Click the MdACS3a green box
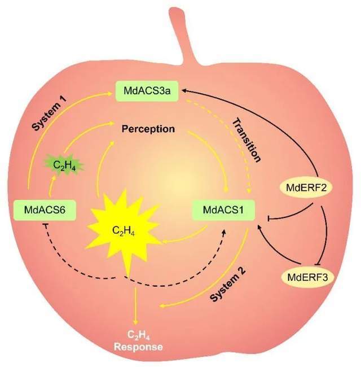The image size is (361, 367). (147, 91)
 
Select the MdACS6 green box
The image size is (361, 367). (45, 210)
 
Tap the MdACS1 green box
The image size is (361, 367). (223, 210)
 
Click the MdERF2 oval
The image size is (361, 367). (306, 187)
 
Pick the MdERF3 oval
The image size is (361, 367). (307, 277)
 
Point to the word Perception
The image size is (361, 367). (148, 129)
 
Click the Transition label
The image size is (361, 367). (246, 140)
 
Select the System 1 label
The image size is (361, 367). (49, 113)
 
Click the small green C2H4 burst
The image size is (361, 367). (64, 165)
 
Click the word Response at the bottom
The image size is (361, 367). (138, 347)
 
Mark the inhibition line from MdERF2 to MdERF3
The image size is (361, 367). (328, 234)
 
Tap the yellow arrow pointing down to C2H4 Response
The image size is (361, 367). (135, 306)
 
